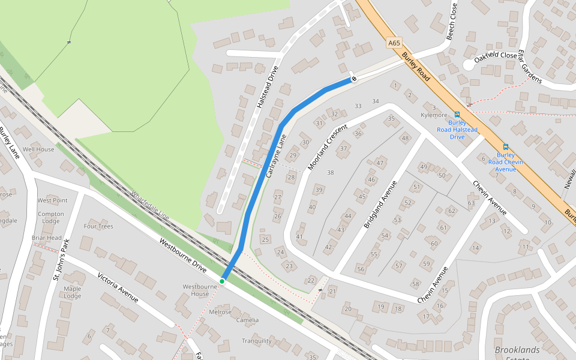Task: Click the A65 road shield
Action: click(394, 43)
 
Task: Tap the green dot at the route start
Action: click(222, 281)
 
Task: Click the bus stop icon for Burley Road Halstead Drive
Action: click(457, 114)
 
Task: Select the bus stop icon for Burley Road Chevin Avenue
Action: click(505, 146)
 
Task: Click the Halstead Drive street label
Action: click(268, 86)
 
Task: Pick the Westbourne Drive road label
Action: click(183, 257)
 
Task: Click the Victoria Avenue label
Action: click(118, 287)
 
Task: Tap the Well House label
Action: click(38, 149)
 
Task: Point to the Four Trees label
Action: click(98, 226)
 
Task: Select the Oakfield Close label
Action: click(496, 57)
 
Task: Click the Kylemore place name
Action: click(434, 115)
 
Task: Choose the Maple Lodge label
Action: click(72, 292)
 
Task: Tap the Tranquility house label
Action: click(257, 341)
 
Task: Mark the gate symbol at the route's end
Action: click(354, 78)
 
